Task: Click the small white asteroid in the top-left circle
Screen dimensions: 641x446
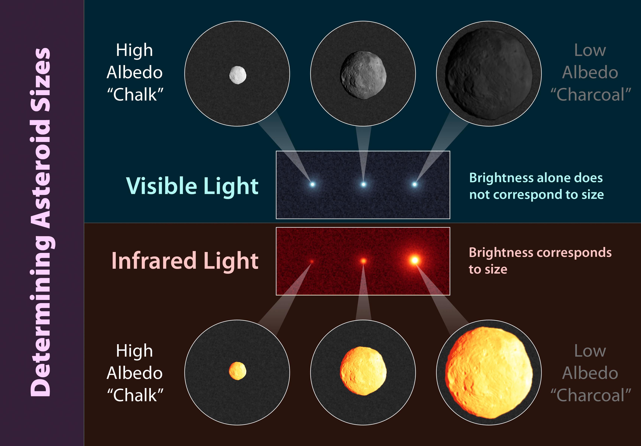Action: coord(238,75)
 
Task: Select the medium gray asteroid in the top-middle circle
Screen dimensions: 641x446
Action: coord(363,75)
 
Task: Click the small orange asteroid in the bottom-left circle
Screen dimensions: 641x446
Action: coord(238,371)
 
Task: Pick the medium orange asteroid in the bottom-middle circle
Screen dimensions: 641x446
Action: coord(363,371)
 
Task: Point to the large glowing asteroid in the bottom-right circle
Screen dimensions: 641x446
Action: coord(489,373)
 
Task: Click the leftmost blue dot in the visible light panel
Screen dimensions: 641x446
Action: coord(312,184)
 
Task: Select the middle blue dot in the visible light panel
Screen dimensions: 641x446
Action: coord(363,184)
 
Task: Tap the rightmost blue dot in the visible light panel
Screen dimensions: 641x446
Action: coord(415,184)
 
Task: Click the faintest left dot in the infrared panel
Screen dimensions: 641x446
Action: coord(312,261)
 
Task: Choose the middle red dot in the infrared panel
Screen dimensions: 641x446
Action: coord(363,261)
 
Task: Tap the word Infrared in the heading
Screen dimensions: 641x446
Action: coord(154,260)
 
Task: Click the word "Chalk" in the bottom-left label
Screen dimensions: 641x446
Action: coord(135,395)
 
